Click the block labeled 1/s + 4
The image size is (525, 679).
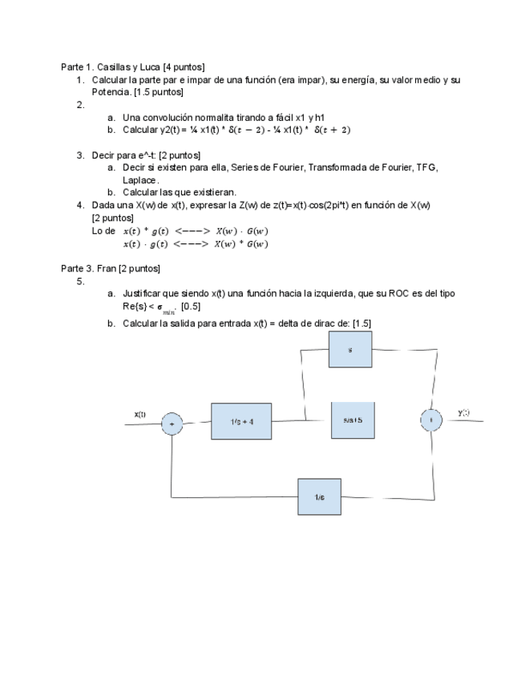(x=241, y=420)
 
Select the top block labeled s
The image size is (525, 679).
(x=349, y=350)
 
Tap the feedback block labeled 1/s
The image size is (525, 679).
(x=319, y=497)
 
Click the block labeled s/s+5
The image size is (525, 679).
(x=353, y=420)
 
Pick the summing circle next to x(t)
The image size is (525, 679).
(x=172, y=423)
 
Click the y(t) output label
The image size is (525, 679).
(x=463, y=412)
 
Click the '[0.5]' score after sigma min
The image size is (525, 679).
(x=191, y=306)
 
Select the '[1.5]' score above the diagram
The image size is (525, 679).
(x=361, y=323)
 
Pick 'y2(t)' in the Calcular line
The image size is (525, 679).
(x=168, y=130)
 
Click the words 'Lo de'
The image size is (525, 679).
(x=104, y=231)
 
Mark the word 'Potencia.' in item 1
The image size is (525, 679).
(x=111, y=92)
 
